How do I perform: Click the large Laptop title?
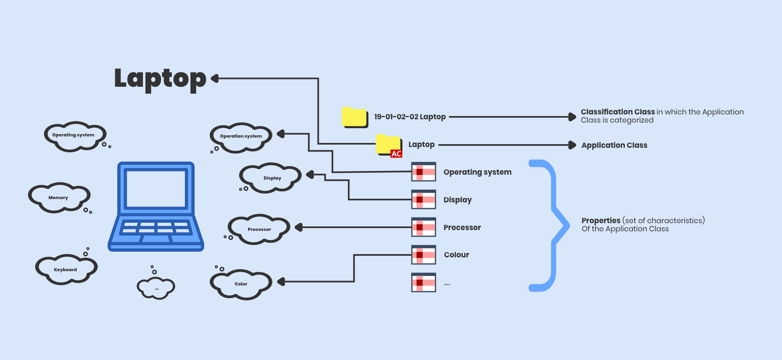[160, 79]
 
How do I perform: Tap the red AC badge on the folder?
[396, 154]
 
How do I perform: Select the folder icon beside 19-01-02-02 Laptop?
[355, 117]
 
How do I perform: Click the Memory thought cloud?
[59, 198]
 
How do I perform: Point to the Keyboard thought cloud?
[66, 269]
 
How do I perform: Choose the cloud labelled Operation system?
[241, 136]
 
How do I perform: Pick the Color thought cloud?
[241, 284]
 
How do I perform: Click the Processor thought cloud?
[259, 229]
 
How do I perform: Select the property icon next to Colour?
[424, 255]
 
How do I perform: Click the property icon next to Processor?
[424, 227]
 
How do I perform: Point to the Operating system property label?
[477, 172]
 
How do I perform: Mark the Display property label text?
[457, 200]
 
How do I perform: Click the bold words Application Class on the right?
[614, 145]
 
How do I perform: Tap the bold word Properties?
[601, 221]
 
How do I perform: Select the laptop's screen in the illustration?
[156, 189]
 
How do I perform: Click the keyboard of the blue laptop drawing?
[156, 228]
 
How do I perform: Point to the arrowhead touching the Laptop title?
[215, 79]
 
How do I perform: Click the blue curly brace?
[554, 225]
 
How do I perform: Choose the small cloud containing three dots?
[156, 288]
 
